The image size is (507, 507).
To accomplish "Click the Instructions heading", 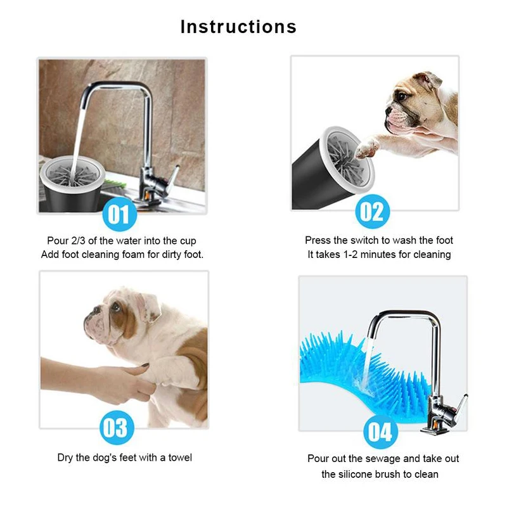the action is (x=238, y=27).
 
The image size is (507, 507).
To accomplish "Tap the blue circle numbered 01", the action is (x=120, y=214).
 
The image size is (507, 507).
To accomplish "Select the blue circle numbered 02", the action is (x=373, y=212).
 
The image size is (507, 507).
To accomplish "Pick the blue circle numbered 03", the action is (x=117, y=427).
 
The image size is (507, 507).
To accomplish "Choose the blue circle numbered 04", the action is (x=381, y=432).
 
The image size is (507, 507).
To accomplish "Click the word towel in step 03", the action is (x=180, y=458).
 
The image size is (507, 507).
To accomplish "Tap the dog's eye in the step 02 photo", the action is (x=402, y=96).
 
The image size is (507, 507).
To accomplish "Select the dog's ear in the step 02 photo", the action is (x=428, y=81).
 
